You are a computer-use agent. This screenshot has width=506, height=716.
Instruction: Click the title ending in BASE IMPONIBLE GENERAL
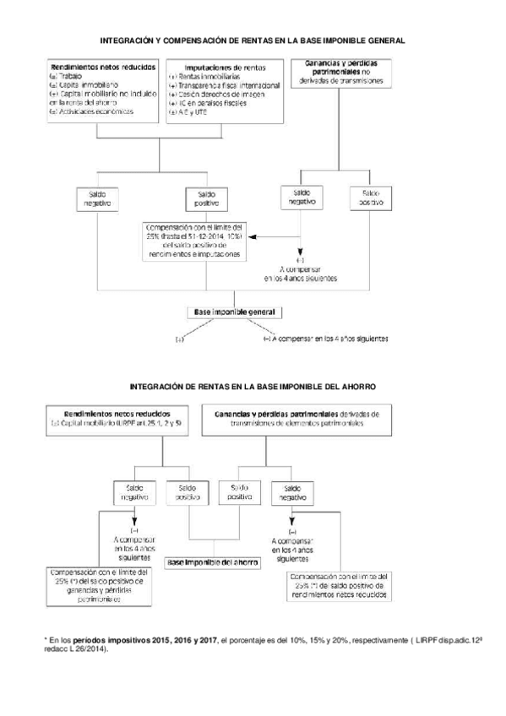[x=253, y=39]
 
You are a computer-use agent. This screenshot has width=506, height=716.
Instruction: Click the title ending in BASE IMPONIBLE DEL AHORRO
[x=253, y=385]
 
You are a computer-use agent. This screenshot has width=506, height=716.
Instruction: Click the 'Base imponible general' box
[x=231, y=312]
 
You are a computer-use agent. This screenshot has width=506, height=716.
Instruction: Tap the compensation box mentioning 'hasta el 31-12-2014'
[x=195, y=241]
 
